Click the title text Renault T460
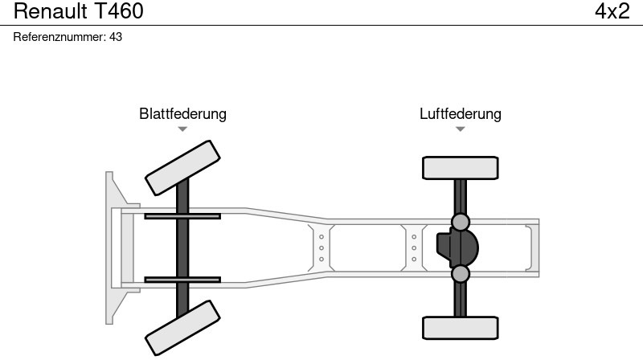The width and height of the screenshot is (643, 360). tap(79, 11)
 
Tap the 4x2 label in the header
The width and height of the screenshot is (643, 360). tap(612, 11)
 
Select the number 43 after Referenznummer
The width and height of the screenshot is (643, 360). tap(115, 37)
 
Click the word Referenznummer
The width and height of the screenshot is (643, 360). tap(59, 37)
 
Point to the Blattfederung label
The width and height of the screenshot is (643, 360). tap(182, 113)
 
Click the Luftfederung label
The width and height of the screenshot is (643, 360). tap(460, 113)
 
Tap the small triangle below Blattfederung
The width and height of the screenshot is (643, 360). tap(182, 129)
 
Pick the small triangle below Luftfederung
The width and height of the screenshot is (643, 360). tap(460, 129)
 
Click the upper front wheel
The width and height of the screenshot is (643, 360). tap(182, 167)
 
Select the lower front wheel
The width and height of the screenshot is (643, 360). tap(182, 327)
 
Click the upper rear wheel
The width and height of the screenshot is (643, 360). tap(460, 168)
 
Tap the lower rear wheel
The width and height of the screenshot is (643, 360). tap(460, 328)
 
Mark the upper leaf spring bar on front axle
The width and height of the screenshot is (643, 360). tap(182, 216)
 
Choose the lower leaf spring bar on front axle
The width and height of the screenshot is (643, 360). tap(182, 280)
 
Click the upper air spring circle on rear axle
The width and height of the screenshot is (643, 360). tap(460, 221)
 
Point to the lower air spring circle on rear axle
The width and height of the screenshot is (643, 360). tap(460, 274)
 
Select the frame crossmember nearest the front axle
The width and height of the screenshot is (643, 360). tap(321, 247)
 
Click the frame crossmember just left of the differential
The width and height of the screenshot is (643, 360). tap(414, 247)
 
